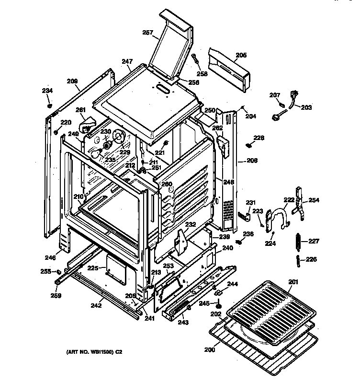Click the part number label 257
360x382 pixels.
(x=147, y=33)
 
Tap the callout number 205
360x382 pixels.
(x=241, y=56)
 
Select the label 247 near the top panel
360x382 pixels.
(x=126, y=61)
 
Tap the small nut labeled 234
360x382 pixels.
(x=49, y=104)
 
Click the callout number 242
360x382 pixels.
(x=96, y=305)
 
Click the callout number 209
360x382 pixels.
(x=72, y=81)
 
